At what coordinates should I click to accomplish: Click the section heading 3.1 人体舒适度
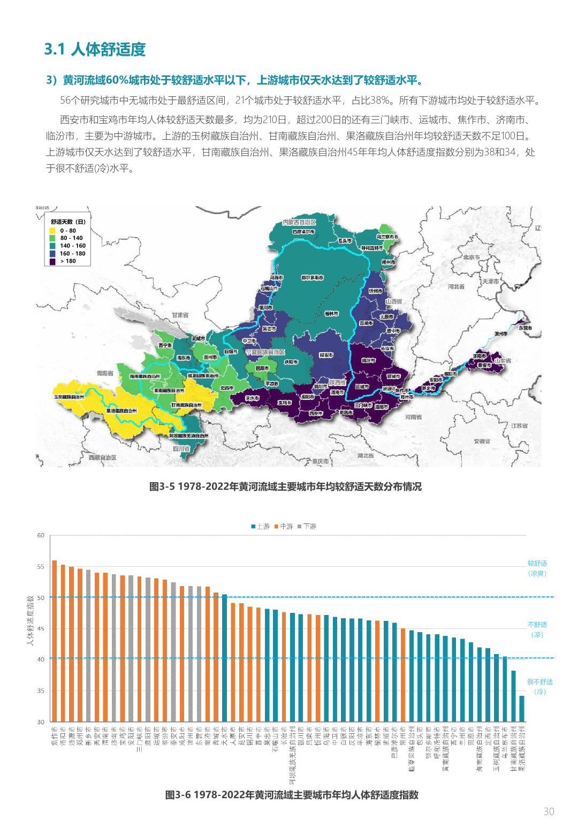pos(95,49)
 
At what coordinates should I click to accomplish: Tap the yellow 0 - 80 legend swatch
pos(52,231)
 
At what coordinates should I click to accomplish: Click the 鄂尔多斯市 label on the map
pos(312,278)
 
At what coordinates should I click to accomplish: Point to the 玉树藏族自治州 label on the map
pos(69,397)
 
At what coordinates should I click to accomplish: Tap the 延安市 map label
pos(326,355)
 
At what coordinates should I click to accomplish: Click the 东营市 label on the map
pos(525,328)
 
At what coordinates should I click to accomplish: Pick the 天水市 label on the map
pos(252,398)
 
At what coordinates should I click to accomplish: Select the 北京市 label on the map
pos(471,257)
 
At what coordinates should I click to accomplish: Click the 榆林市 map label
pos(331,314)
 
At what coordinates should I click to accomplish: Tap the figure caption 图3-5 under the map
pos(285,487)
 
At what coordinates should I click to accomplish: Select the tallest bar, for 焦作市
pos(55,641)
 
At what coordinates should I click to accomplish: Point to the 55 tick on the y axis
pos(41,566)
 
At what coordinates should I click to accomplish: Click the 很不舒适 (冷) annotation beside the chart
pos(539,686)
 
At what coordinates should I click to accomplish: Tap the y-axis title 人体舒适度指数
pos(31,620)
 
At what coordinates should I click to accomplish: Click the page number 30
pos(549,811)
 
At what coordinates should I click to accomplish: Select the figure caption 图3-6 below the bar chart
pos(292,795)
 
